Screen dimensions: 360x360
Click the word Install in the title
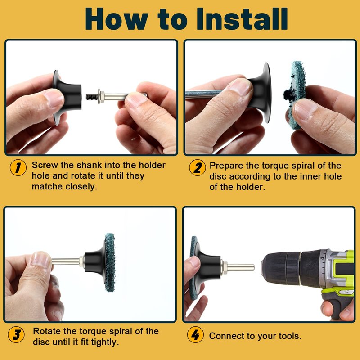point(242,18)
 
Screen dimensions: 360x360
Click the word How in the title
point(117,18)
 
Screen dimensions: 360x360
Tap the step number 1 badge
point(18,167)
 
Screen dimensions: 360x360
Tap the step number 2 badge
point(198,167)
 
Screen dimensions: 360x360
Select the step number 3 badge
point(16,334)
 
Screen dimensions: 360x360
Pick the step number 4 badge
point(195,334)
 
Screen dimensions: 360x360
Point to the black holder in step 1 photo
point(67,97)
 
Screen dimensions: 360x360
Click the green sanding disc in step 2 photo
point(296,94)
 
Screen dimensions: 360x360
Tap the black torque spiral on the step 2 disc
point(289,94)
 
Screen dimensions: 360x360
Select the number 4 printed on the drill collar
point(323,258)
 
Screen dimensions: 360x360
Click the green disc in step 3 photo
point(110,262)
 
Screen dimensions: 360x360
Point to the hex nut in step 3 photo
point(81,261)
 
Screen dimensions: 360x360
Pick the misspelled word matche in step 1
point(47,186)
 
